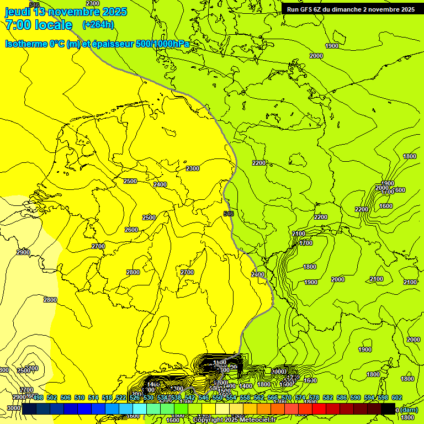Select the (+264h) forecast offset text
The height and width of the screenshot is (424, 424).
pyautogui.click(x=98, y=24)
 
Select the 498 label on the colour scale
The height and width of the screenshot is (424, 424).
pyautogui.click(x=38, y=397)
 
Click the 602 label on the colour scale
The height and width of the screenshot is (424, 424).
pyautogui.click(x=397, y=397)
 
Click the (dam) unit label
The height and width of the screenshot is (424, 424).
pyautogui.click(x=409, y=410)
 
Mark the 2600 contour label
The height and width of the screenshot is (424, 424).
pyautogui.click(x=131, y=230)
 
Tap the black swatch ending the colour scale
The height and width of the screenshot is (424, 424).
pyautogui.click(x=388, y=409)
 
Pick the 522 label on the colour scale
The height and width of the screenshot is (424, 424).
pyautogui.click(x=121, y=397)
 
